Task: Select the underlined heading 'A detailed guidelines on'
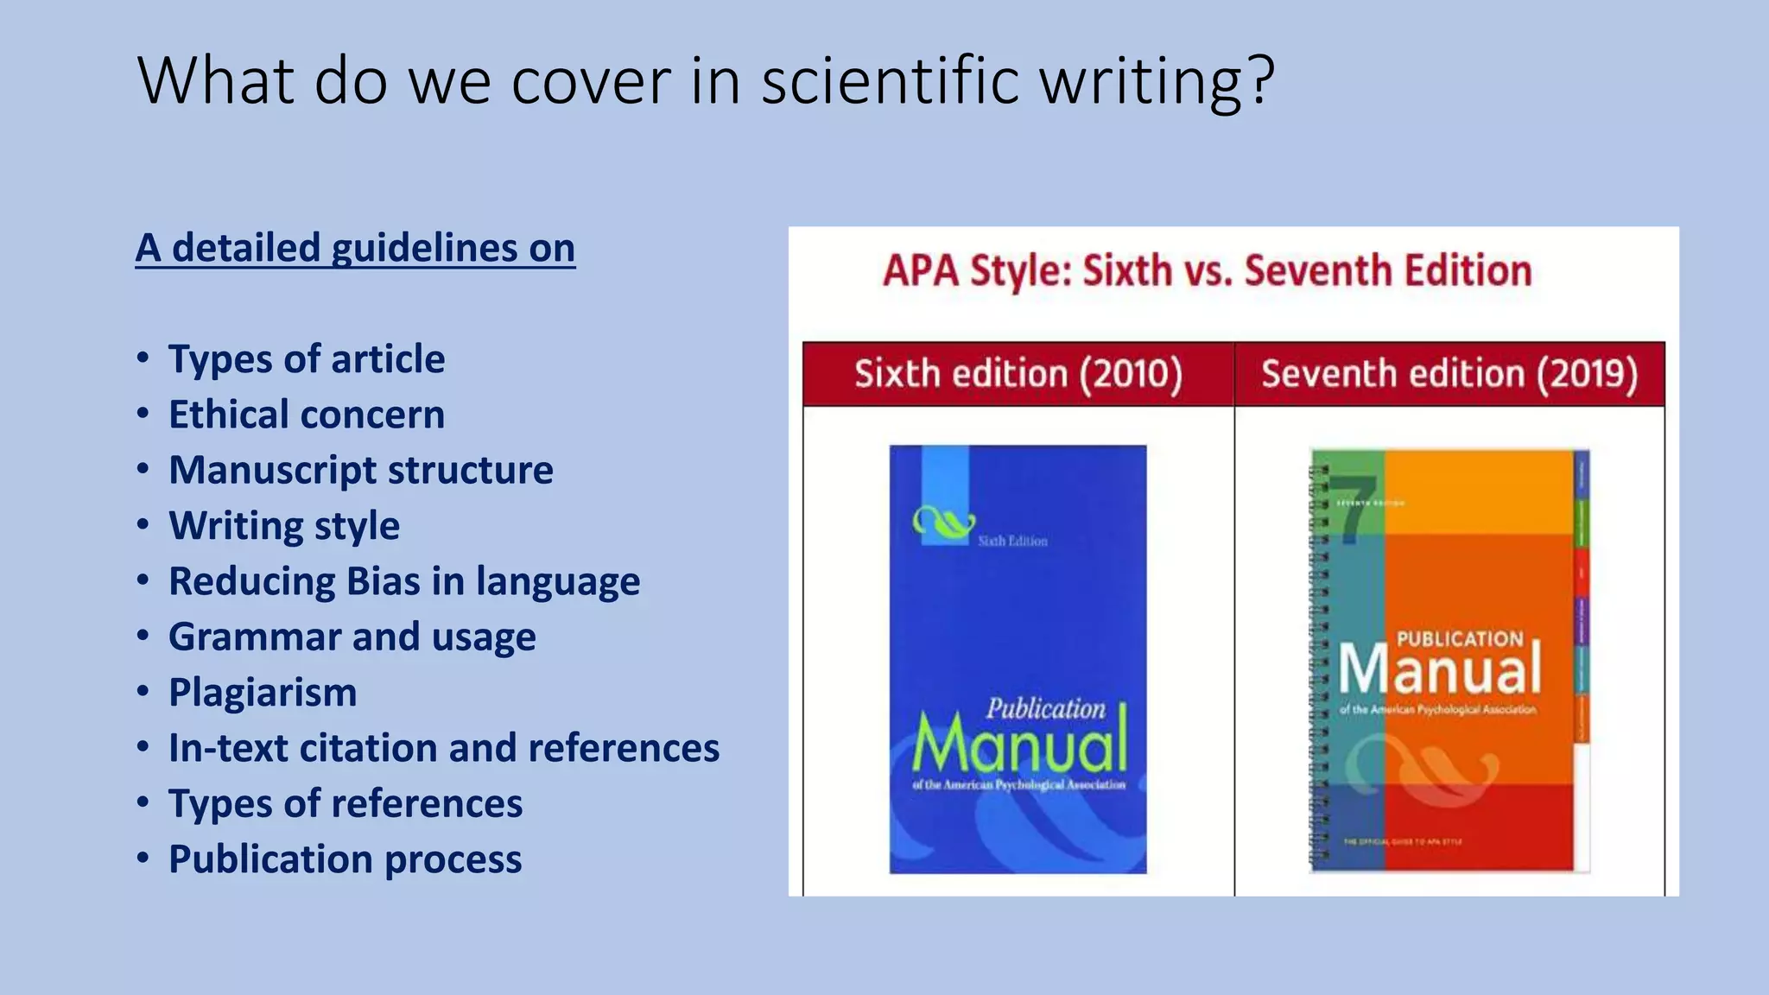click(x=355, y=248)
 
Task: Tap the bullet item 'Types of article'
click(x=307, y=358)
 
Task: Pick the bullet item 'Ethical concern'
click(x=307, y=415)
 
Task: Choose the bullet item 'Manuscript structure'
click(x=361, y=470)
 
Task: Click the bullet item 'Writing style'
click(x=284, y=525)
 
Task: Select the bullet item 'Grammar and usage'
click(x=352, y=637)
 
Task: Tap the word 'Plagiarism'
click(x=263, y=693)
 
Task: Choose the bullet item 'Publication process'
click(x=346, y=859)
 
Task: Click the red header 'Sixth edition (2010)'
click(x=1018, y=374)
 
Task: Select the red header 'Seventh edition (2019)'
click(x=1449, y=374)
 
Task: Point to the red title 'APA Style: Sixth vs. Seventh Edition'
click(x=1208, y=270)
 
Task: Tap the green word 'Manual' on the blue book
click(x=1020, y=744)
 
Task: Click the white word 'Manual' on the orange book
click(x=1440, y=670)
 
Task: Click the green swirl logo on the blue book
click(x=943, y=521)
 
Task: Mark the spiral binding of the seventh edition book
click(x=1318, y=665)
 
